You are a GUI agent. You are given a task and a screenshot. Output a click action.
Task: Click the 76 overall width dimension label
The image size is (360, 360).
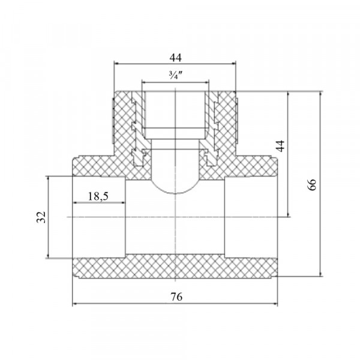[176, 297]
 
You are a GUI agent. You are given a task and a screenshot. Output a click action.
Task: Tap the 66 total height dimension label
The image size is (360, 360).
[312, 185]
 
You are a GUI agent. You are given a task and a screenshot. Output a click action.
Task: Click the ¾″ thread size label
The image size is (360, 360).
[176, 75]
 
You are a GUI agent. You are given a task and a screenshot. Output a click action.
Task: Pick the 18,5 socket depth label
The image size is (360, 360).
[98, 196]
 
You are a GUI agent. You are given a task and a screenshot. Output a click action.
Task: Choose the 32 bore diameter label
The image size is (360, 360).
[41, 217]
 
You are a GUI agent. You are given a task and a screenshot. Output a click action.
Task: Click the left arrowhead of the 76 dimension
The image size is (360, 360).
[74, 304]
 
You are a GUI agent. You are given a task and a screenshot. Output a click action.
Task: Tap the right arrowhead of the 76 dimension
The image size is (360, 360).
[275, 304]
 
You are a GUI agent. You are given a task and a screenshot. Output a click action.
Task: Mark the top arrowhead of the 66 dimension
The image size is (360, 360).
[320, 94]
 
